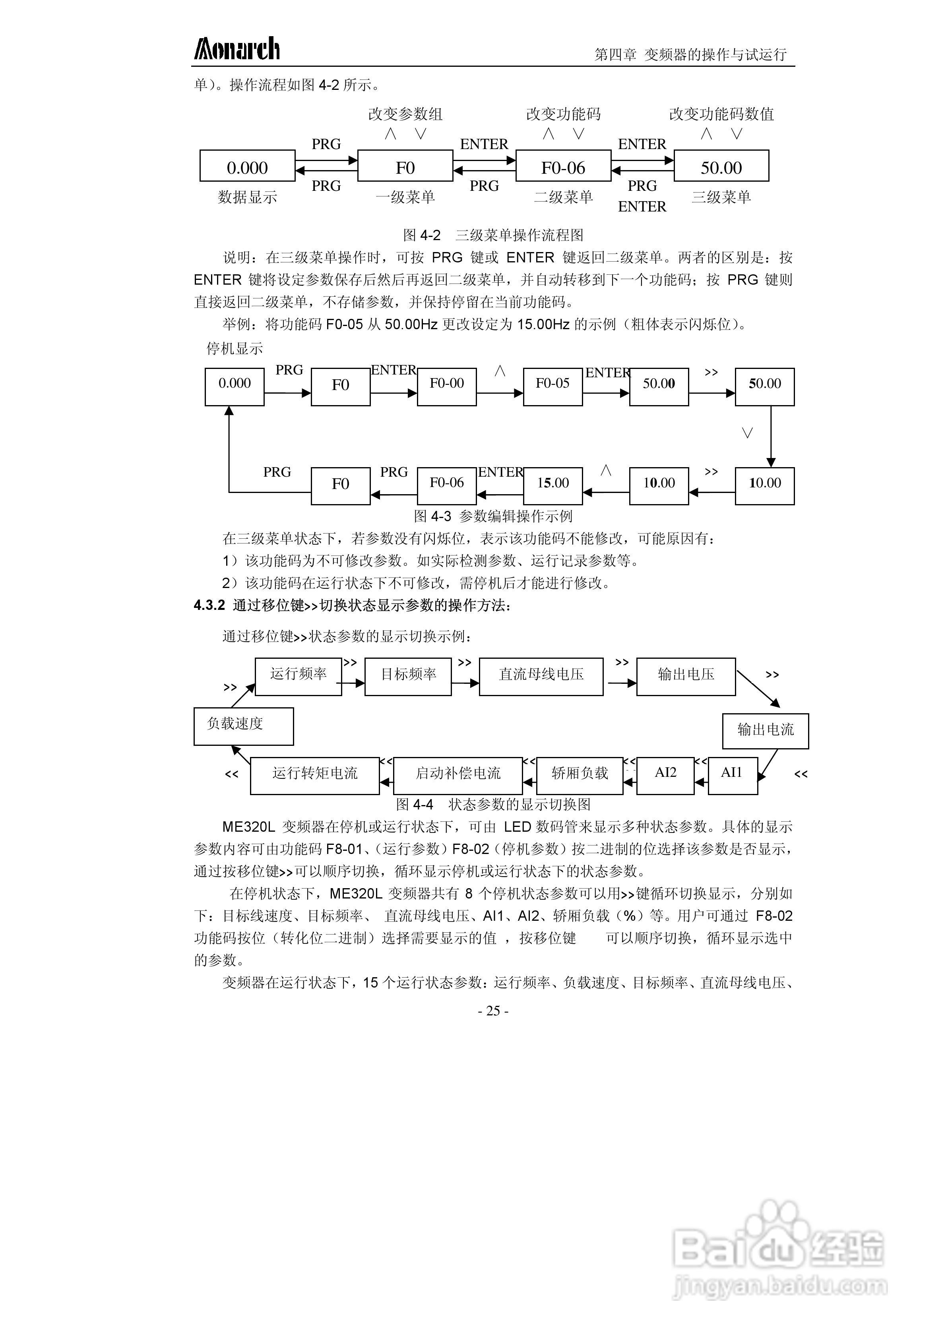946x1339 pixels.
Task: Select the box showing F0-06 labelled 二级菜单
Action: tap(563, 167)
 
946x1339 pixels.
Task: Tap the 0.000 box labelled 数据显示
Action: tap(247, 167)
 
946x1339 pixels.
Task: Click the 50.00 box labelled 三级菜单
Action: tap(721, 167)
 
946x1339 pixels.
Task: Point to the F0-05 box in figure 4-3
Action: tap(552, 386)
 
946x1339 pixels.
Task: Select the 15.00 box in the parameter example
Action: tap(552, 485)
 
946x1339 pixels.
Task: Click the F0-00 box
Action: tap(447, 386)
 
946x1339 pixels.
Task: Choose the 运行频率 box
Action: tap(298, 676)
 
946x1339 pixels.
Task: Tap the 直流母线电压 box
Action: tap(541, 676)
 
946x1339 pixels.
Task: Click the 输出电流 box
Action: tap(765, 730)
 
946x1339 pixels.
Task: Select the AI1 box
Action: tap(733, 775)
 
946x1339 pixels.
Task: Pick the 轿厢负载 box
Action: tap(580, 775)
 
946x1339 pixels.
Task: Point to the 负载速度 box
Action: tap(243, 726)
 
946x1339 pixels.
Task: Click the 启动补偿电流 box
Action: tap(458, 775)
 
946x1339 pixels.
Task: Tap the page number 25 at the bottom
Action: tap(493, 1011)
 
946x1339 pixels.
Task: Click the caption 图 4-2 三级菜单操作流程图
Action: tap(493, 235)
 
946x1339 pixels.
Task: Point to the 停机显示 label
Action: tap(235, 349)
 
